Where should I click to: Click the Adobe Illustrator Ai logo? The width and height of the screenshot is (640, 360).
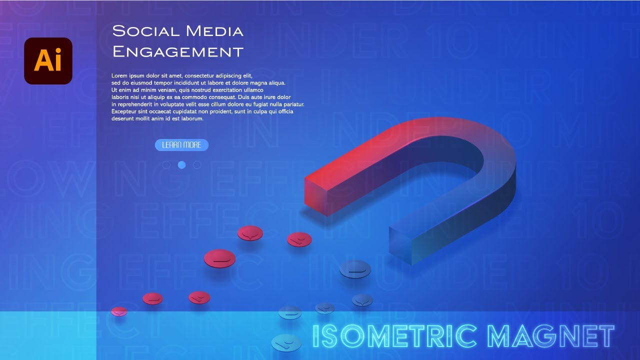coord(48,60)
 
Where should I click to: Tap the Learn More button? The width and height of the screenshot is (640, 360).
coord(181,145)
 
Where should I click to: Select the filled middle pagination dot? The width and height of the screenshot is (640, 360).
coord(181,165)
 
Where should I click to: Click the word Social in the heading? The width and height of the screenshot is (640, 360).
coord(145,31)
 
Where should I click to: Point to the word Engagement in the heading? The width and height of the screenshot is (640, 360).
coord(177,51)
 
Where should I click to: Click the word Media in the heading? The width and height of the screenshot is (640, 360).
coord(214,31)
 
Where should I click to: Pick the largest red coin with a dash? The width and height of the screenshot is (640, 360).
coord(219,258)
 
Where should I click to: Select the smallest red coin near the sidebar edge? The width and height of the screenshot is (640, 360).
coord(119,311)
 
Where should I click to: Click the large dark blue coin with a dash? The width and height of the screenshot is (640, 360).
coord(355,269)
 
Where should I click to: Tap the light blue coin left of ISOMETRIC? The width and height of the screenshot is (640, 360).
coord(286,342)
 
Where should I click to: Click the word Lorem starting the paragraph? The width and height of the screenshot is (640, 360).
coord(119,75)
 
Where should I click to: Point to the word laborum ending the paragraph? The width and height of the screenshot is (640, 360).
coord(192,118)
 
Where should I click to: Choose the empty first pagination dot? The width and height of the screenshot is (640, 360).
coord(166,165)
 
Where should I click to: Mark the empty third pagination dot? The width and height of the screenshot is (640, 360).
coord(197,165)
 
